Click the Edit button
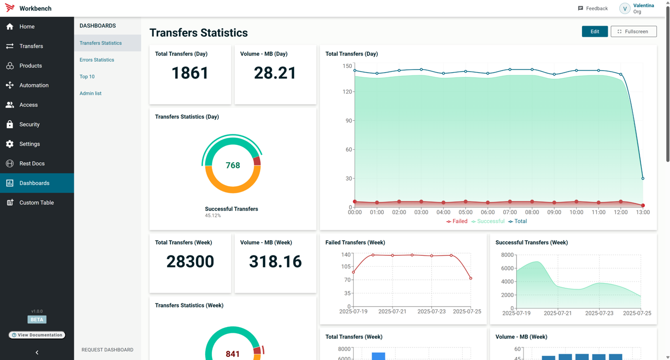[595, 31]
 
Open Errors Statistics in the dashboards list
[97, 60]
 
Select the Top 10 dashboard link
[87, 76]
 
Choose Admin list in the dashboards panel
[91, 93]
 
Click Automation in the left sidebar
[33, 85]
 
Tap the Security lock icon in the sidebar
[10, 125]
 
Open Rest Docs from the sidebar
[31, 163]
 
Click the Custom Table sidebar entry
[36, 203]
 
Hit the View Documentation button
[37, 335]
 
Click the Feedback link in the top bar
[593, 8]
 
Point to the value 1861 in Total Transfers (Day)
[190, 73]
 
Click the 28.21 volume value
[275, 73]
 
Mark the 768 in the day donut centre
[232, 165]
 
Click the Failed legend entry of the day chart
[457, 221]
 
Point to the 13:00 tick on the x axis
[643, 212]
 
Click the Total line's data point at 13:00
[643, 178]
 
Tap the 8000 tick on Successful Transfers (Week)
[507, 255]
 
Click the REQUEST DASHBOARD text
[107, 350]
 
